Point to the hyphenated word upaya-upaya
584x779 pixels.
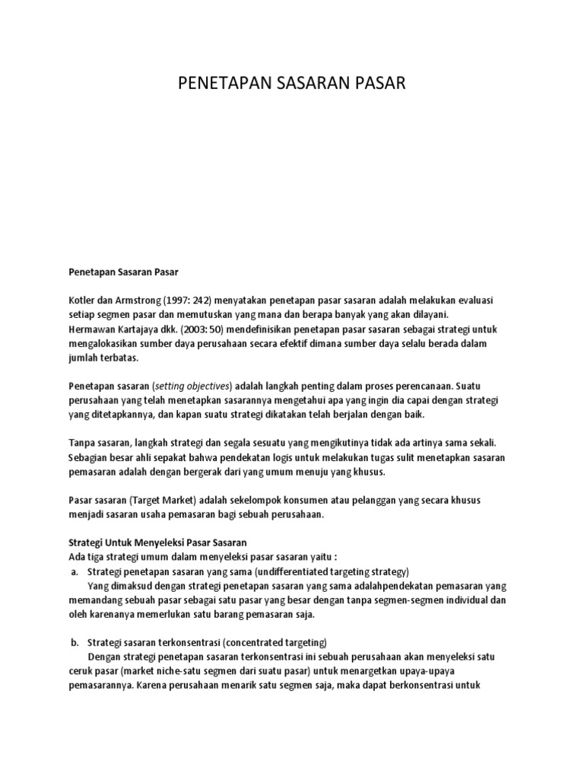(417, 669)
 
